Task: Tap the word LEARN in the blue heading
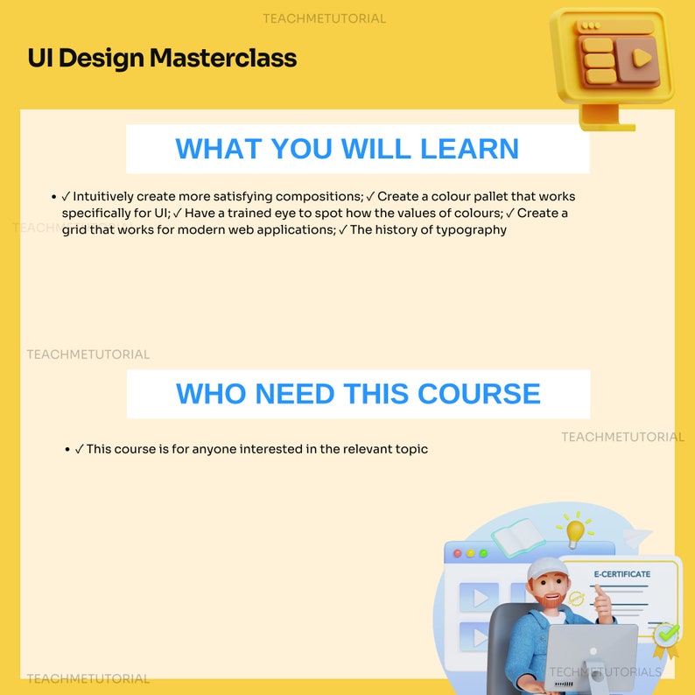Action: pyautogui.click(x=469, y=149)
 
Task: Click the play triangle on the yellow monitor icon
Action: pyautogui.click(x=642, y=59)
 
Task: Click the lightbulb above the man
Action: pyautogui.click(x=574, y=530)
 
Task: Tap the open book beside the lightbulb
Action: pyautogui.click(x=517, y=536)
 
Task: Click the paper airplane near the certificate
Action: pyautogui.click(x=637, y=536)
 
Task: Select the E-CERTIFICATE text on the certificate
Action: pyautogui.click(x=622, y=574)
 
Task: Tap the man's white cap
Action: pyautogui.click(x=546, y=570)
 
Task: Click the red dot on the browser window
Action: pyautogui.click(x=457, y=553)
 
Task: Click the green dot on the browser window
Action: pyautogui.click(x=482, y=553)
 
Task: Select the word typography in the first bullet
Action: pyautogui.click(x=472, y=230)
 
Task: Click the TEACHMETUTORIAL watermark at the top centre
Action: pyautogui.click(x=324, y=18)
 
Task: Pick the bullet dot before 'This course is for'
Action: pyautogui.click(x=67, y=449)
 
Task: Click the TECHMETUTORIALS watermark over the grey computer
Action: pyautogui.click(x=606, y=671)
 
